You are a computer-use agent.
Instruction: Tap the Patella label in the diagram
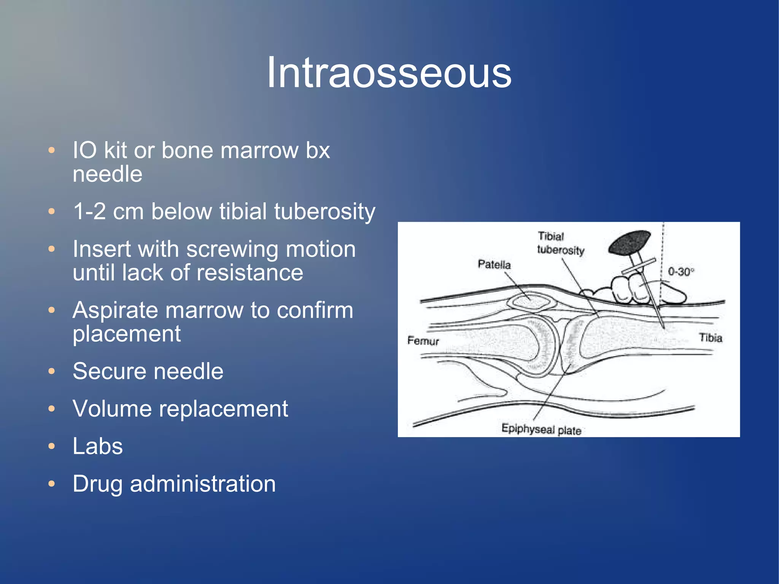point(494,264)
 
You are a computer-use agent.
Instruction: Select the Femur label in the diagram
point(423,341)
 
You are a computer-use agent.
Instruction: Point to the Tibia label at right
point(710,338)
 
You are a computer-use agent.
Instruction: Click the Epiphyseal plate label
point(541,429)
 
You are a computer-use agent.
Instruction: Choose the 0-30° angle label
point(681,272)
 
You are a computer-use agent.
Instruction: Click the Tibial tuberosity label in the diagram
point(560,243)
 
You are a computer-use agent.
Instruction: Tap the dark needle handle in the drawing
point(629,243)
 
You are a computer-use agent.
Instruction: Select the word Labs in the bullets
point(98,446)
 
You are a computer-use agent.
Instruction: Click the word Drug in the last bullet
point(97,484)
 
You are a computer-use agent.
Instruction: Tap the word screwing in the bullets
point(232,249)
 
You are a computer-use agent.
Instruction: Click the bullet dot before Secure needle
point(52,371)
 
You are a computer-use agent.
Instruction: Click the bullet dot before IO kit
point(52,150)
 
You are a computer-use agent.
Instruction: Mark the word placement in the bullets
point(127,334)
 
